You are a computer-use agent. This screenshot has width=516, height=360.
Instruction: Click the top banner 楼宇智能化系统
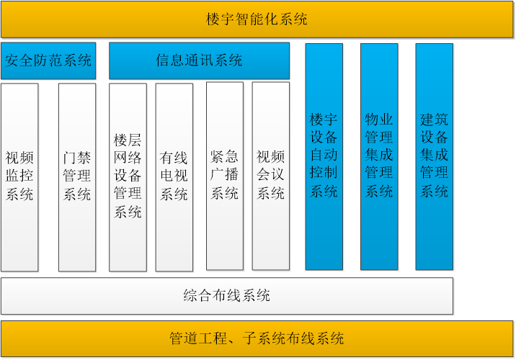257,19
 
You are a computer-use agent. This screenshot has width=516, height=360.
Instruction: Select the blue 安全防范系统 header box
48,60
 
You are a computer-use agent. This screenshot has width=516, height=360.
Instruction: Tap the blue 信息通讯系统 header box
200,60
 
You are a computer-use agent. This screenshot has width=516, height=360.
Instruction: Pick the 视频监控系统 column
19,178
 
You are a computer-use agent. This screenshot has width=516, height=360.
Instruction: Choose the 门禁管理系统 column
77,178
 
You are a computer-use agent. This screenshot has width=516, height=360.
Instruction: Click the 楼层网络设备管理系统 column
128,178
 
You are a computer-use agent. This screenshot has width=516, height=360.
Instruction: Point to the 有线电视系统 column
174,178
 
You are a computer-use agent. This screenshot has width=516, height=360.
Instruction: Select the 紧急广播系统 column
225,176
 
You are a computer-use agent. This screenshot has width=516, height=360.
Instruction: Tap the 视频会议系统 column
271,176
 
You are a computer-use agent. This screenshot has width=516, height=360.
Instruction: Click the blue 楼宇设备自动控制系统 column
324,157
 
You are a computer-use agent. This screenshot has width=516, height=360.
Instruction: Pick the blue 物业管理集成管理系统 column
379,157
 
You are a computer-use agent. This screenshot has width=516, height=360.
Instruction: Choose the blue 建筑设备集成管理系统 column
435,157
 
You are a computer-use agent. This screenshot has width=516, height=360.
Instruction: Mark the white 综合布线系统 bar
227,296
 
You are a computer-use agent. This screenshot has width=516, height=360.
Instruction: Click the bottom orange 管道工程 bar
257,338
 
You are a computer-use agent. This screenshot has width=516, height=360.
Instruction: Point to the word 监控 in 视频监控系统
19,176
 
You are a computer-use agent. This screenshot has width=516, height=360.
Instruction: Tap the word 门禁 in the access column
77,158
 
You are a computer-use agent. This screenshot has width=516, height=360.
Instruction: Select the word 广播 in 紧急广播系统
224,174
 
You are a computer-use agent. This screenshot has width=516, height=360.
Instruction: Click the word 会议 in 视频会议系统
270,174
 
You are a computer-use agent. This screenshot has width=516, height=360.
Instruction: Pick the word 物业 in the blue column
379,119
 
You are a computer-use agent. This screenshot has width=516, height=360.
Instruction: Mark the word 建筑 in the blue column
434,119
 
